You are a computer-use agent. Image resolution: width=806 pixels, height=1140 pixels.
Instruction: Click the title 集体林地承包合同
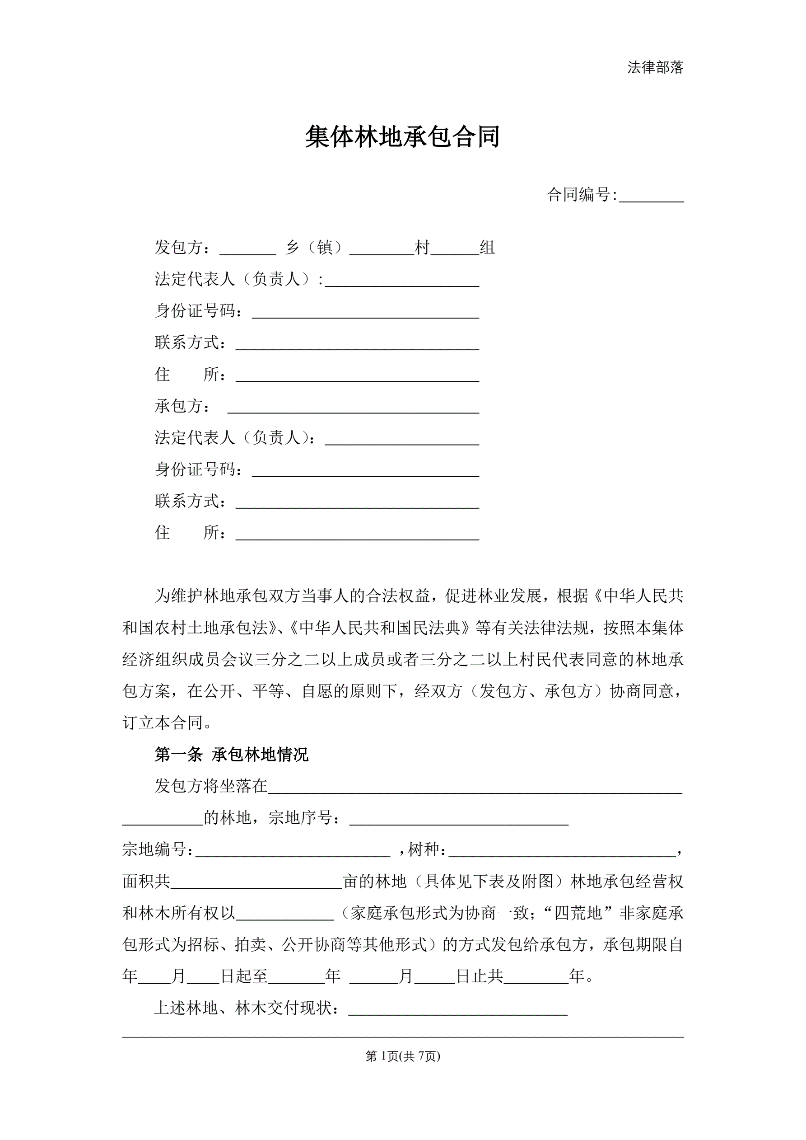coord(402,137)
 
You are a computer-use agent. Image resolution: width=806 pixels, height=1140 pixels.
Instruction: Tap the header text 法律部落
coord(655,67)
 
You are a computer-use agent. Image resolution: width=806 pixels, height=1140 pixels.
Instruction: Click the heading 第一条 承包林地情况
coord(231,755)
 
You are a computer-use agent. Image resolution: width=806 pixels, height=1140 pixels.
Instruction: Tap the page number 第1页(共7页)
coord(402,1056)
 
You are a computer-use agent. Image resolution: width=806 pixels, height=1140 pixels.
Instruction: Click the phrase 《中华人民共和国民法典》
coord(379,628)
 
